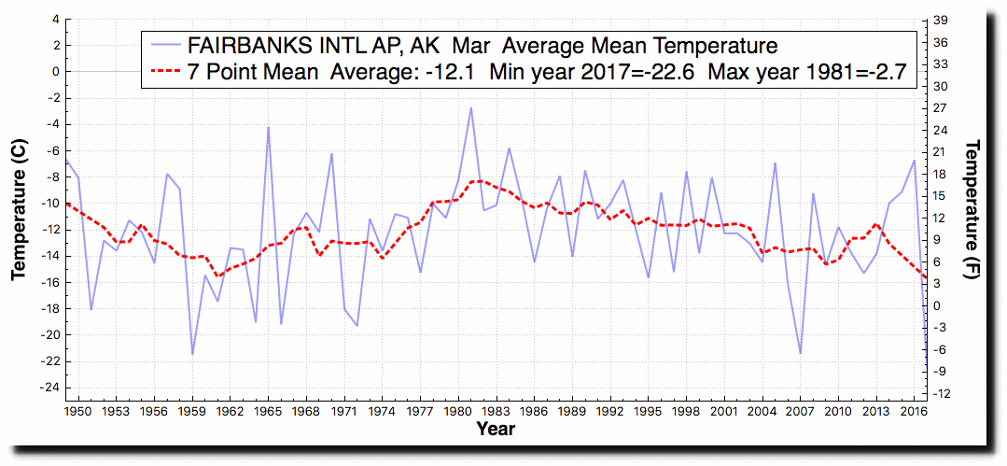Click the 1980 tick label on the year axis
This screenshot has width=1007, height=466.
tap(457, 410)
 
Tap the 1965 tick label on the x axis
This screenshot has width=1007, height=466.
tap(268, 410)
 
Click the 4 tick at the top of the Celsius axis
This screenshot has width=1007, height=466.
tap(56, 19)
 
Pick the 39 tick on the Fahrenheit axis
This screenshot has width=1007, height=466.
tap(942, 20)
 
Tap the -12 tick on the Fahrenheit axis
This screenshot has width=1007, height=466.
tap(944, 393)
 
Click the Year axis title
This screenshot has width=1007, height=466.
tap(495, 430)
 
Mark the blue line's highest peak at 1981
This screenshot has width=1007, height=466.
tap(470, 107)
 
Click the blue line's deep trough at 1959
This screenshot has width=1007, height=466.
tap(192, 354)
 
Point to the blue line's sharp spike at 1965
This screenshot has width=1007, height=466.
tap(268, 127)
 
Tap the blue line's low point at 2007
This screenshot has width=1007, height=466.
tap(800, 353)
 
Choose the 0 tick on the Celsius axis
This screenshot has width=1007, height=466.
tap(56, 71)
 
